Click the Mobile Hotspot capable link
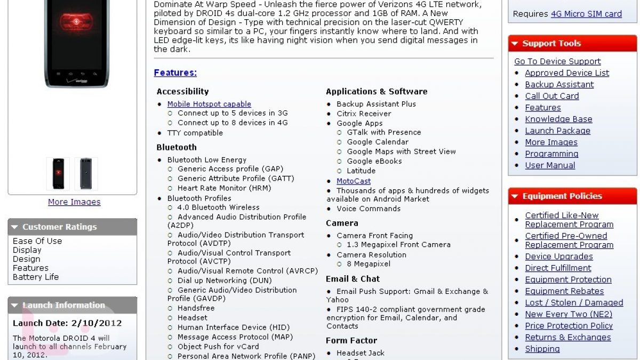[x=209, y=104]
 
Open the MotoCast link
[x=353, y=181]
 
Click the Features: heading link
[x=175, y=73]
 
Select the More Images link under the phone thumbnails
[x=74, y=202]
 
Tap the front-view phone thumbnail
[x=58, y=174]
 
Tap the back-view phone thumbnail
[x=86, y=174]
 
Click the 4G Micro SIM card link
[x=586, y=14]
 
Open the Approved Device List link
[x=567, y=73]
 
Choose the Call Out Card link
[x=551, y=96]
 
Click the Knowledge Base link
[x=558, y=119]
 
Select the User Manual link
[x=550, y=165]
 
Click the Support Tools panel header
[x=572, y=43]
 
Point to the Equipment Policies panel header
[x=572, y=196]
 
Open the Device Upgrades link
[x=558, y=257]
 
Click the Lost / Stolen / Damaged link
[x=574, y=302]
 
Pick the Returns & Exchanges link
[x=567, y=337]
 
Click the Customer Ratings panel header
[x=73, y=227]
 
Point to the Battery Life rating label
[x=36, y=277]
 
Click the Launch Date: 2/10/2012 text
[x=67, y=323]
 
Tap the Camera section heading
[x=342, y=223]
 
